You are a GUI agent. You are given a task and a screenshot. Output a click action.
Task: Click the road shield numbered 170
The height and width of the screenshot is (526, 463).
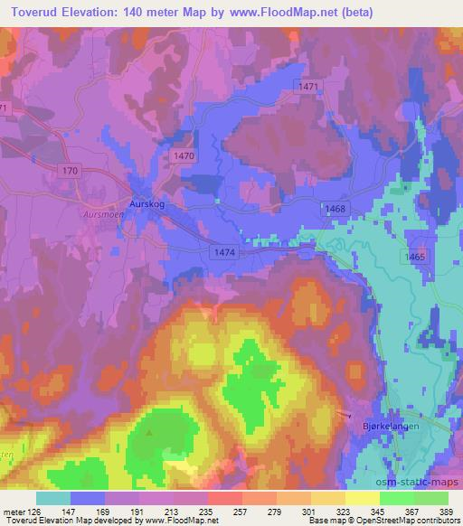click(x=72, y=170)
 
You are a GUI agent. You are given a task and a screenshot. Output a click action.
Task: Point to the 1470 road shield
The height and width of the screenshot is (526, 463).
click(x=184, y=156)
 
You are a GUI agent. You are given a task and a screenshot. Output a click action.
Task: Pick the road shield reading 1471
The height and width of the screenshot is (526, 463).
click(x=308, y=85)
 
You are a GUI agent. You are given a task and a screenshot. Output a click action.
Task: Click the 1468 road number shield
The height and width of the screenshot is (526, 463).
click(x=335, y=209)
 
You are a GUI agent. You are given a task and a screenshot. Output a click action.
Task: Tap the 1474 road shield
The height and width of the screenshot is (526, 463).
click(x=226, y=254)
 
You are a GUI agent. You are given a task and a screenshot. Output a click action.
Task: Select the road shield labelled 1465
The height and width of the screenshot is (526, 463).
click(x=415, y=258)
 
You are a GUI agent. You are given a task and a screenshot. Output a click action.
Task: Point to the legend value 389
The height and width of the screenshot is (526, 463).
click(x=447, y=511)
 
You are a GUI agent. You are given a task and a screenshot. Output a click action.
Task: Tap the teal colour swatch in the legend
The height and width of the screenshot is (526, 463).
click(x=53, y=498)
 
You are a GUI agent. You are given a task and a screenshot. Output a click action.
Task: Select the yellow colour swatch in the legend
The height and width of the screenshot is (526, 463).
click(x=362, y=498)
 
